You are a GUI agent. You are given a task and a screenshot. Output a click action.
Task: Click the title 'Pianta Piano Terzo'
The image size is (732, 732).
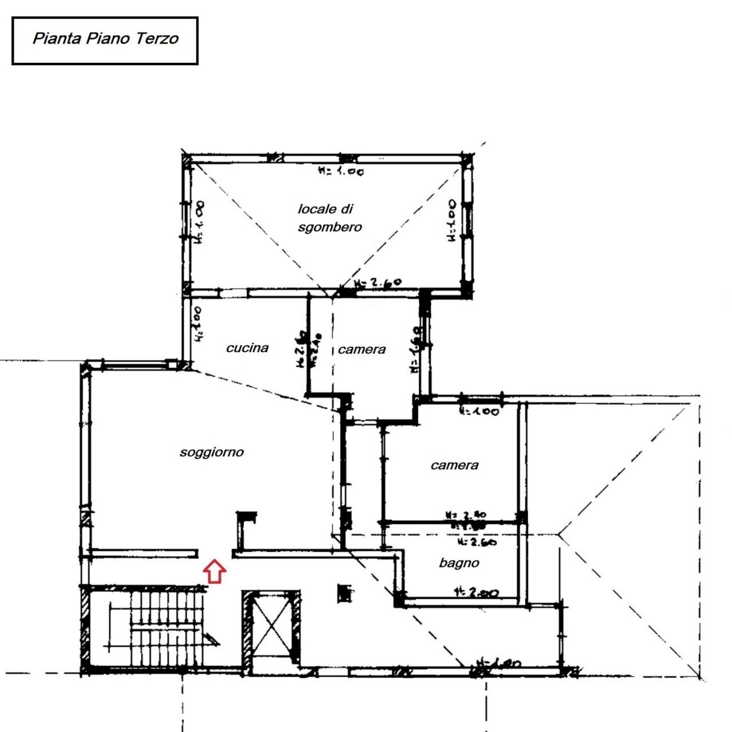click(x=105, y=39)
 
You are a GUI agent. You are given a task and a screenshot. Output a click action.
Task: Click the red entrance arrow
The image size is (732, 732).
click(x=214, y=571)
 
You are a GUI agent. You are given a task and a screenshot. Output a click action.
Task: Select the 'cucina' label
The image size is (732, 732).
click(x=247, y=348)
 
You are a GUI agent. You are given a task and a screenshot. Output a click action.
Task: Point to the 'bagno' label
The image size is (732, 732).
click(x=459, y=563)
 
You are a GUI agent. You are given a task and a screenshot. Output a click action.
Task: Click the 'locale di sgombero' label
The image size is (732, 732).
click(x=329, y=218)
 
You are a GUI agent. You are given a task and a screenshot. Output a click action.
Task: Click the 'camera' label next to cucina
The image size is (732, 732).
click(x=361, y=349)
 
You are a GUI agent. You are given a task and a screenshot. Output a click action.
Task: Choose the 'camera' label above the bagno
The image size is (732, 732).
click(x=454, y=465)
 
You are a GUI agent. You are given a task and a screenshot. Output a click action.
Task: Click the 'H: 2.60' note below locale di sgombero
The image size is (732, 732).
click(x=378, y=283)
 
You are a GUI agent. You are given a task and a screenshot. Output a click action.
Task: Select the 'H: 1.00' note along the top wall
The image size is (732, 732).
click(x=341, y=170)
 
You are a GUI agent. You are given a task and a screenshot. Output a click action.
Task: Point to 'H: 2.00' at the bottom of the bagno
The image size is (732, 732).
click(x=476, y=592)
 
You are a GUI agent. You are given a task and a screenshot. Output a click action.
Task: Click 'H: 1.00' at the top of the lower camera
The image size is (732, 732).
click(x=479, y=411)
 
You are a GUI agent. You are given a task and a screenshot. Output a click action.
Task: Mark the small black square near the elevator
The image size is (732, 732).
click(x=344, y=592)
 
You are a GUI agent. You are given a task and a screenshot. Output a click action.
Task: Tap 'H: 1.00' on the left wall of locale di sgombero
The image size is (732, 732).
click(x=200, y=222)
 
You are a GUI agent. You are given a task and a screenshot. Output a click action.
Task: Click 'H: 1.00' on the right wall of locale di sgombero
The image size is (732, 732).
click(x=452, y=220)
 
